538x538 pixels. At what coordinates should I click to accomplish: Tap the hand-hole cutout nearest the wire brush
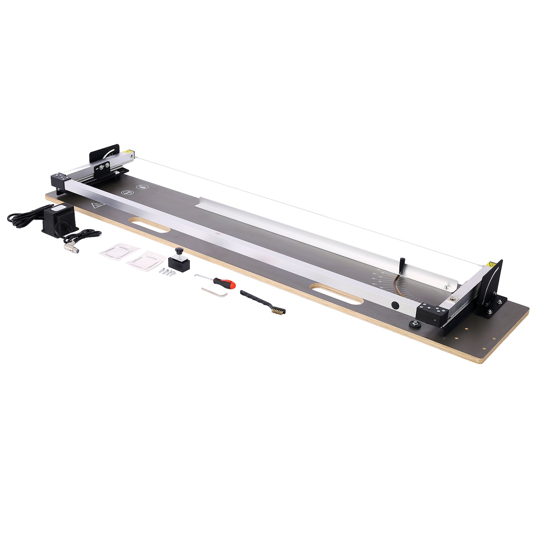(336, 294)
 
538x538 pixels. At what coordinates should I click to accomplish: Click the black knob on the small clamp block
(180, 251)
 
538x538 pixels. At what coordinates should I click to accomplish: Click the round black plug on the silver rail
(395, 306)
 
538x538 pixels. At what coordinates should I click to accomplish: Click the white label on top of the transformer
(59, 208)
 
